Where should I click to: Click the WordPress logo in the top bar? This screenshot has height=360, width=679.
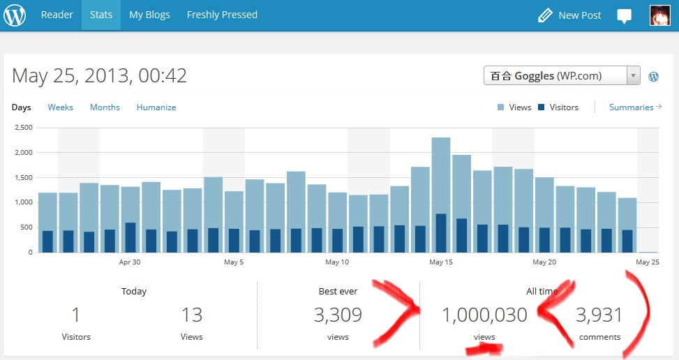click(x=15, y=15)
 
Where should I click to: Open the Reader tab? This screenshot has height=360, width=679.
click(x=57, y=15)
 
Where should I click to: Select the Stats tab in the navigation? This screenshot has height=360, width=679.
click(x=101, y=15)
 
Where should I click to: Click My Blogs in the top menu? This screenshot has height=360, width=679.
click(x=149, y=15)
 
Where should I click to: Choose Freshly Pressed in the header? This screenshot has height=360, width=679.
click(x=222, y=15)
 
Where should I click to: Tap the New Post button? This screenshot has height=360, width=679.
click(x=569, y=15)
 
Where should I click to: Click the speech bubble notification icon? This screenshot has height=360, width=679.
click(x=625, y=16)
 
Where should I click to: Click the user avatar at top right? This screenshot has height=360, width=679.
click(x=660, y=15)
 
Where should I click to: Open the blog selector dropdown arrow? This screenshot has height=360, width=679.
click(x=633, y=76)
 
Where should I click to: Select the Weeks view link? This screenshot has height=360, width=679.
click(x=60, y=107)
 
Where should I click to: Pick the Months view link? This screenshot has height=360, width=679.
click(x=105, y=107)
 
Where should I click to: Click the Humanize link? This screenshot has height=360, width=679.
click(x=156, y=107)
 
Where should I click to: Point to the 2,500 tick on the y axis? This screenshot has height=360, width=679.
click(x=23, y=128)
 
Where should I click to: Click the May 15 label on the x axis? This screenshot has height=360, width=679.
click(x=441, y=262)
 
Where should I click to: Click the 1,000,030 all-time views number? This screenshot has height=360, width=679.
click(x=484, y=315)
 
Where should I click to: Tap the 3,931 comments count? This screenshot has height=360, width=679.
click(x=599, y=315)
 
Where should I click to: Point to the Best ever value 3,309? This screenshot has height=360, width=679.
click(x=338, y=315)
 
